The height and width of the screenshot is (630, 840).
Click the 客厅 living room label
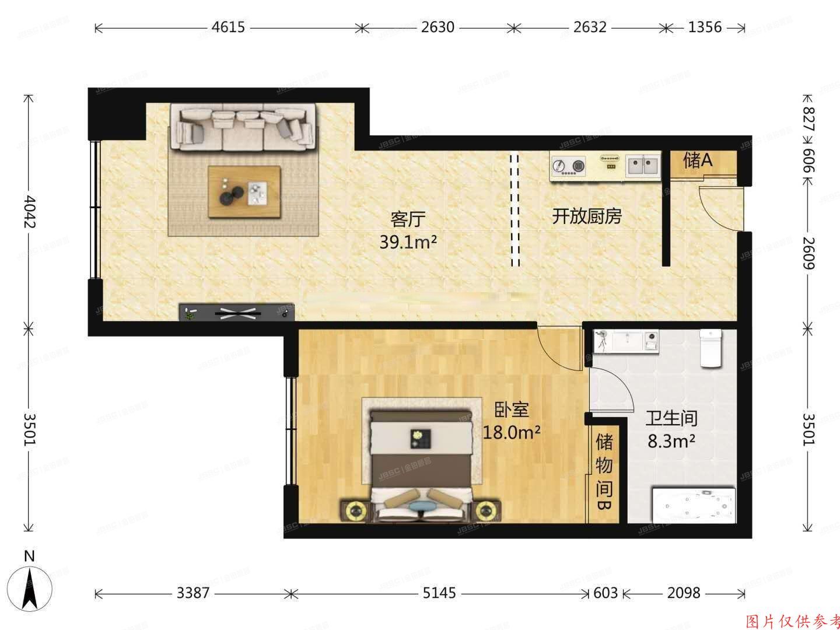click(x=408, y=219)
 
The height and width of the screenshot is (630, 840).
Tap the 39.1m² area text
click(x=408, y=242)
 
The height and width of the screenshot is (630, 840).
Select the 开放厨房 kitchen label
click(x=587, y=217)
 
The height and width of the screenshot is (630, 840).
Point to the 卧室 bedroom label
click(x=512, y=410)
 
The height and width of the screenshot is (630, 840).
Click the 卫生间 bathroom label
click(x=671, y=418)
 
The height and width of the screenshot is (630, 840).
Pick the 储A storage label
click(x=698, y=160)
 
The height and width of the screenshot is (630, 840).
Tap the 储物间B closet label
click(x=604, y=473)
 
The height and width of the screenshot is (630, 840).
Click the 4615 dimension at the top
click(x=228, y=27)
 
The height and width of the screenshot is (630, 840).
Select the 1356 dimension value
click(x=705, y=27)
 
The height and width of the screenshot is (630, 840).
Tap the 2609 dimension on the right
click(x=808, y=252)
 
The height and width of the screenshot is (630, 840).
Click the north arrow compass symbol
click(x=29, y=586)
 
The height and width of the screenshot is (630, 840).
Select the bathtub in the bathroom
click(x=694, y=504)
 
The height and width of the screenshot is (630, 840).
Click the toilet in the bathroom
click(x=710, y=348)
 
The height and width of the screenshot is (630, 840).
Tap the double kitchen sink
click(x=643, y=166)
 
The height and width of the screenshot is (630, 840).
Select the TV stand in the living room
click(x=236, y=313)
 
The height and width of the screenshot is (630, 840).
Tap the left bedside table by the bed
click(x=354, y=511)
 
